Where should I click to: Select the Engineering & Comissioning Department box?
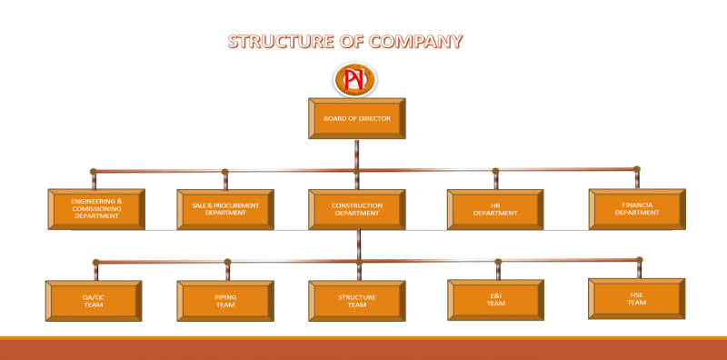coord(96,208)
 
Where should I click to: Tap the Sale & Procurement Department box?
coord(225,208)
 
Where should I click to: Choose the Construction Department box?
coord(357,208)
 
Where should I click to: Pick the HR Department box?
coord(495,208)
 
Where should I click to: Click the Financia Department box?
coord(636,208)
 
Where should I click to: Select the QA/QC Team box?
coord(93,300)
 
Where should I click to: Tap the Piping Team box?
coord(225,300)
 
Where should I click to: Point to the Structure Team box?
coord(357,300)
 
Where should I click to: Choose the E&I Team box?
coord(495,298)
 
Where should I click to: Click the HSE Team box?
coord(636,297)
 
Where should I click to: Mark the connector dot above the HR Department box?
coord(495,171)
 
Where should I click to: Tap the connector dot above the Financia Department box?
coord(636,169)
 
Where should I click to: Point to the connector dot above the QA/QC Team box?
coord(95,263)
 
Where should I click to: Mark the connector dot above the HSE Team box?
coord(640,260)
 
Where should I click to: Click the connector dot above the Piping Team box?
coord(227,263)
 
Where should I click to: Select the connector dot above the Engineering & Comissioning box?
coord(93,171)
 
